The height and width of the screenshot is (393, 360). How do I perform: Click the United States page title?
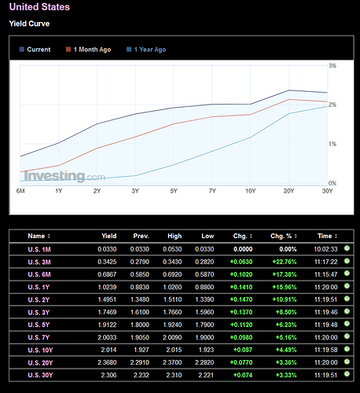(39, 7)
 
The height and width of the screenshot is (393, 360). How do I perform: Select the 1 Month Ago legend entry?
(89, 50)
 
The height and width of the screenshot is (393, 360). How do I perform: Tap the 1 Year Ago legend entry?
(146, 50)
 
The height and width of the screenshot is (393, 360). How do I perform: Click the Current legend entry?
(35, 50)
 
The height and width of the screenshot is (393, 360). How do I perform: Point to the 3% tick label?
(332, 65)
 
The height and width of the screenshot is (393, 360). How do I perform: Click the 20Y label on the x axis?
(288, 191)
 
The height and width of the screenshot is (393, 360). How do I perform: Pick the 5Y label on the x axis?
(174, 191)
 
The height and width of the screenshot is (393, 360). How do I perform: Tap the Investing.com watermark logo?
(64, 176)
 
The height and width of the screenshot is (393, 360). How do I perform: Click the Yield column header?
(109, 236)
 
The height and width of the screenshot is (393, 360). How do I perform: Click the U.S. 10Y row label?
(40, 350)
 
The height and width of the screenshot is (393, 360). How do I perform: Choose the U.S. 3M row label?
(39, 262)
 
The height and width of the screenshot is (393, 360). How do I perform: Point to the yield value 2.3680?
(107, 362)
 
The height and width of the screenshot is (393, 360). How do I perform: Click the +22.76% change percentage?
(285, 262)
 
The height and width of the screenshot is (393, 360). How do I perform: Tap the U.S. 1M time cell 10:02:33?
(325, 249)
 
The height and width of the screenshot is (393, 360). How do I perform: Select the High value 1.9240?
(172, 325)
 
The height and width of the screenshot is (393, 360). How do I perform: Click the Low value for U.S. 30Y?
(206, 375)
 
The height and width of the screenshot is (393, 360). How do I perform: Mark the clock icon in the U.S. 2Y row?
(347, 299)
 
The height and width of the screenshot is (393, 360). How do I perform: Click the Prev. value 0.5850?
(140, 274)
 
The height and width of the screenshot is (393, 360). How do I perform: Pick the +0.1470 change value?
(241, 299)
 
